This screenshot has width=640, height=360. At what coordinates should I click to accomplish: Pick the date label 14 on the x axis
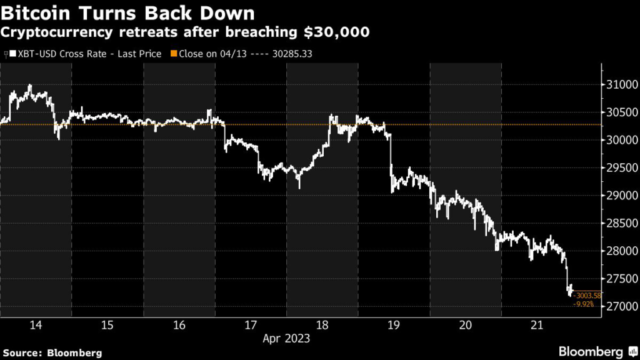point(36,325)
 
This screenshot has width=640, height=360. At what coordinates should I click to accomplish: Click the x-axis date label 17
point(251,325)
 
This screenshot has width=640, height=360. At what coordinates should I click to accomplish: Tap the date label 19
point(394,325)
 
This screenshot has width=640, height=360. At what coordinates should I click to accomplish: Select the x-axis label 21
point(537,325)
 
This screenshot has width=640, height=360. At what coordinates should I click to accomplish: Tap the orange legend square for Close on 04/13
point(174,54)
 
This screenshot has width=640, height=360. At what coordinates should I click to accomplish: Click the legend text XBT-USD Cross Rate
point(62,54)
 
